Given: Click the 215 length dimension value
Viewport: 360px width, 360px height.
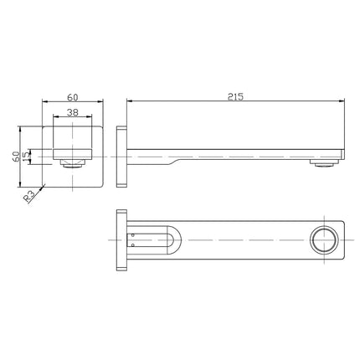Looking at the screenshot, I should coord(234,97).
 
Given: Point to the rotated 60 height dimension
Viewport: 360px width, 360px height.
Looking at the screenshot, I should coord(17,157).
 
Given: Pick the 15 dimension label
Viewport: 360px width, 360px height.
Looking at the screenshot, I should coord(27,156).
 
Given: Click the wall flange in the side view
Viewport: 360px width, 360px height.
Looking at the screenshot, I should coord(122,156).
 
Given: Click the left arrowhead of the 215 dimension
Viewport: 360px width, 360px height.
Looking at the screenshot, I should coord(129,103).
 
